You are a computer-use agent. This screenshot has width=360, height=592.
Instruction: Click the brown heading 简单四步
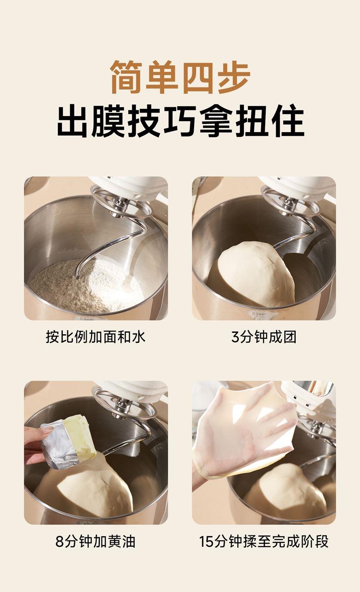(180, 77)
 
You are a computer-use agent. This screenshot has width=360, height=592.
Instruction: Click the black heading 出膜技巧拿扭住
(180, 121)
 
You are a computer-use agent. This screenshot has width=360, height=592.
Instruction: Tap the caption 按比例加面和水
(96, 337)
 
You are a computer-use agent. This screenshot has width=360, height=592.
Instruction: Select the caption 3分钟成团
(264, 337)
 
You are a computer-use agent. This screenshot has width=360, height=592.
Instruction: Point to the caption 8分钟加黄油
(96, 541)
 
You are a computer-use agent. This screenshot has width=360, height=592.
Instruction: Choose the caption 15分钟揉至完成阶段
(264, 541)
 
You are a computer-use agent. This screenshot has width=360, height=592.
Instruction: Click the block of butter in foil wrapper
(69, 441)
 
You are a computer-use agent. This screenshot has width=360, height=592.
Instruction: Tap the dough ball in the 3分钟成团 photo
(256, 274)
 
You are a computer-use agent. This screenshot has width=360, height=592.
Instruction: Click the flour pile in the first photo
(86, 286)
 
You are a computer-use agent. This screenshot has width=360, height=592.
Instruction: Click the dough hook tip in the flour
(77, 276)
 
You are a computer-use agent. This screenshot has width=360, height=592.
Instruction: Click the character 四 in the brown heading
(198, 77)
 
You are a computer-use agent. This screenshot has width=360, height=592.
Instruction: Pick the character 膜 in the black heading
(109, 121)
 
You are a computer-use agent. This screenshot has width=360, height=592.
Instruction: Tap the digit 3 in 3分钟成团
(235, 337)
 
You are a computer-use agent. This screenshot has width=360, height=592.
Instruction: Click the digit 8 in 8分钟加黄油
(59, 542)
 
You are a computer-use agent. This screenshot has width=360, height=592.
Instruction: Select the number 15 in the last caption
(206, 542)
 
